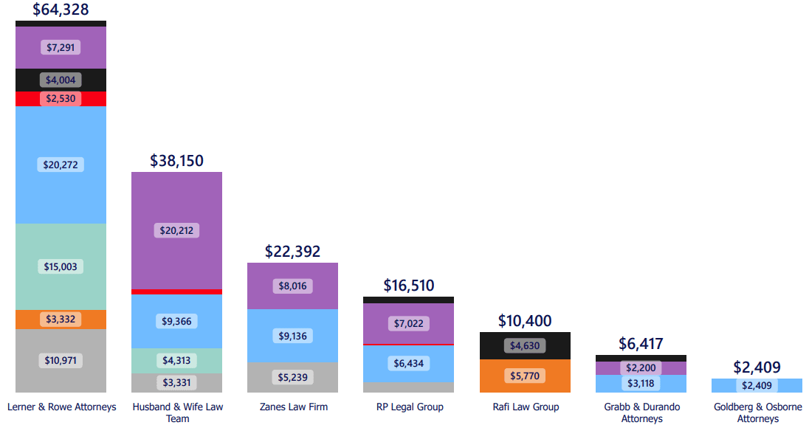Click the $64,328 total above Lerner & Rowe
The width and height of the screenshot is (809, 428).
61,10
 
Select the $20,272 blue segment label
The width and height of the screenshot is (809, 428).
61,165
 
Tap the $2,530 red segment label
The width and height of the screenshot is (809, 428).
61,98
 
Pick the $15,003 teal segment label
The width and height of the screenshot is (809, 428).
61,266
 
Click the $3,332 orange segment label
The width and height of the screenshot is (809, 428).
61,320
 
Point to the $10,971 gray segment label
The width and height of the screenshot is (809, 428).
61,361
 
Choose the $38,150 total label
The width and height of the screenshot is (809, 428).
176,161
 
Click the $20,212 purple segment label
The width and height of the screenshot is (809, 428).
176,230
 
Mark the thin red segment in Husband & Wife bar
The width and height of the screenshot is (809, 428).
176,291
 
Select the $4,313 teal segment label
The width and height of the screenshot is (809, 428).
176,360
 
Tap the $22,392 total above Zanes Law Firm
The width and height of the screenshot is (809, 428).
292,252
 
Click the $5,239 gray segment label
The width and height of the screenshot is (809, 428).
292,377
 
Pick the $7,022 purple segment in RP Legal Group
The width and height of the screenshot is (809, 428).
408,323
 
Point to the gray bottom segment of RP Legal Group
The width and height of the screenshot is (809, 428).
408,387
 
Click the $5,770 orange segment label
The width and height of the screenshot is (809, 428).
525,376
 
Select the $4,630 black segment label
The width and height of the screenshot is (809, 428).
525,345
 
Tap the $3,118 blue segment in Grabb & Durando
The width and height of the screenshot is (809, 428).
641,384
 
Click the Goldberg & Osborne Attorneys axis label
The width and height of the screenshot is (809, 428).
757,413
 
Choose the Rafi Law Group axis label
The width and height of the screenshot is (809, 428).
525,407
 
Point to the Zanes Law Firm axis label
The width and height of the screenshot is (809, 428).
293,407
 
